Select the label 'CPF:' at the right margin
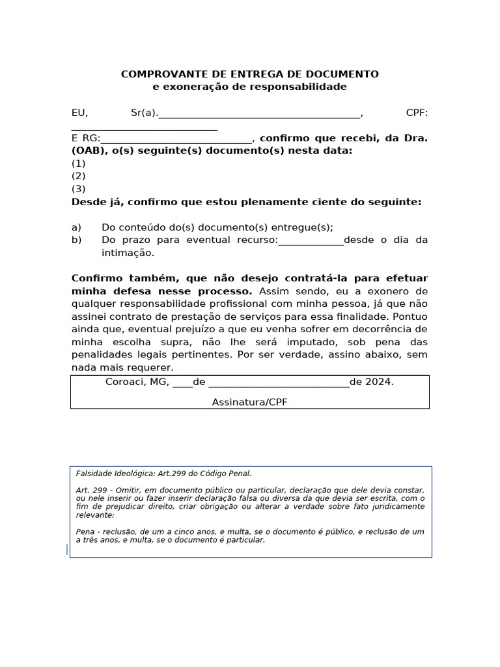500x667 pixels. [x=417, y=113]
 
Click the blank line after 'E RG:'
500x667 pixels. [x=176, y=139]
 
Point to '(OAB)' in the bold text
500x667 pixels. [x=85, y=150]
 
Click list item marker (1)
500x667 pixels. [x=78, y=163]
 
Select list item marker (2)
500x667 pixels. [x=78, y=176]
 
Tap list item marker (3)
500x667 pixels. [x=78, y=189]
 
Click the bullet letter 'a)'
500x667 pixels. [x=76, y=227]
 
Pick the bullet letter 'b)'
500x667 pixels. [x=76, y=240]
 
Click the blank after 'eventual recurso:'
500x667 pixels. [x=311, y=241]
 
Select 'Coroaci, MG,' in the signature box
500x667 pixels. [x=137, y=382]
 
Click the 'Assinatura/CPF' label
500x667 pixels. [x=249, y=403]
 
